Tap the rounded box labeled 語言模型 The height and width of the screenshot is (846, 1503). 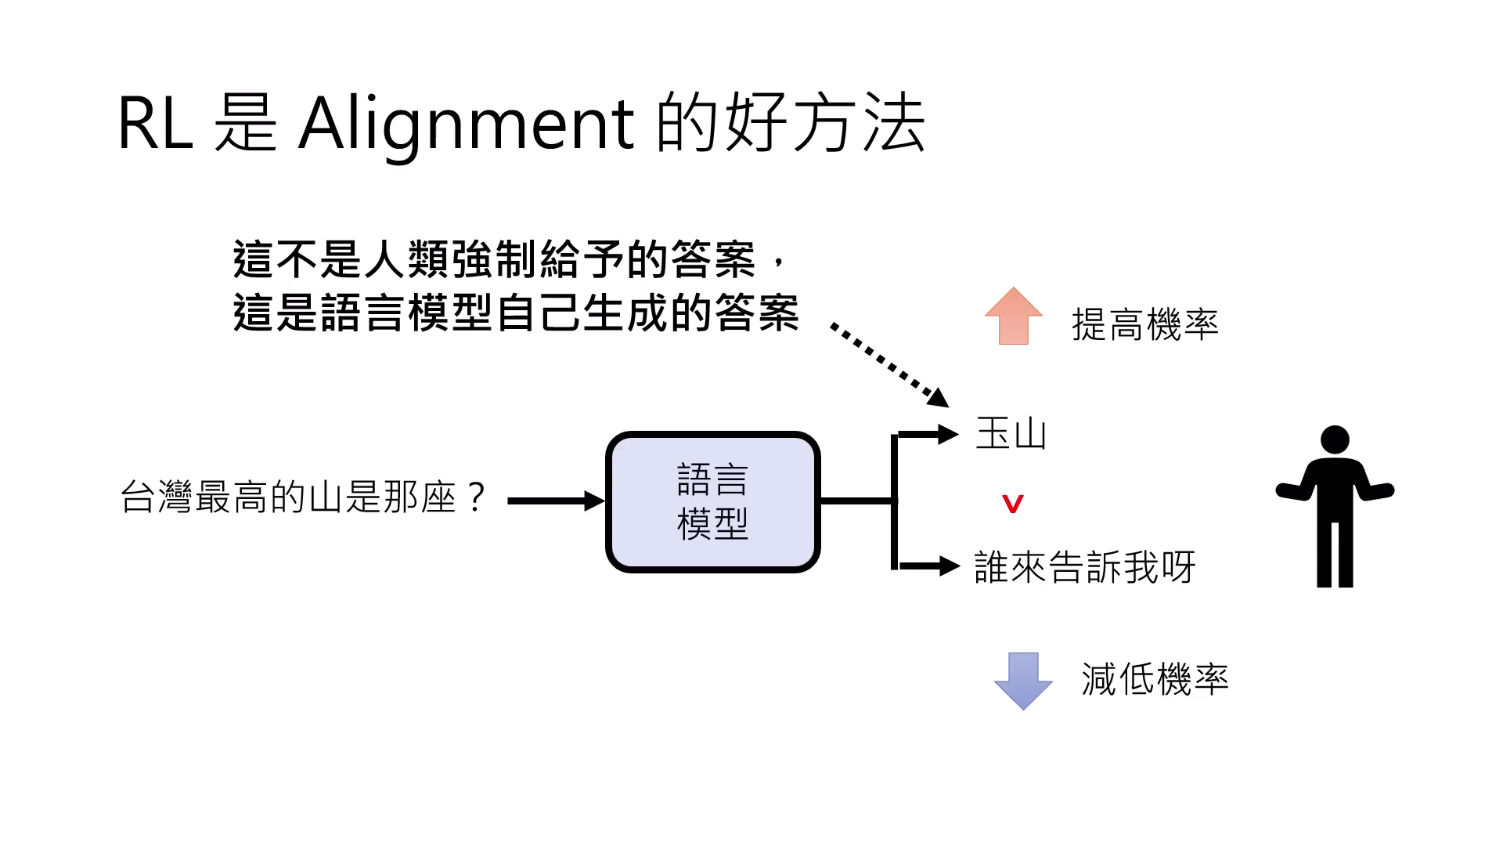coord(712,501)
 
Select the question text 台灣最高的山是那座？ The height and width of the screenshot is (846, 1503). coord(305,497)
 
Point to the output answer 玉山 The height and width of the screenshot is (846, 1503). coord(1011,433)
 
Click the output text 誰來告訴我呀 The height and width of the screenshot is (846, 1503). coord(1084,566)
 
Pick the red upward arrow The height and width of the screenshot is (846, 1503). coord(1014,316)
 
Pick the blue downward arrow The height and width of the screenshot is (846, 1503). coord(1023,680)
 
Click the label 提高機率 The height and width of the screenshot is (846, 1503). coord(1144,324)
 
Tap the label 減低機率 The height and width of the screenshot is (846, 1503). coord(1155,678)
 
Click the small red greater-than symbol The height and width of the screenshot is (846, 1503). coord(1013,504)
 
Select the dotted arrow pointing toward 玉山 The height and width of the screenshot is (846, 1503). coord(888,363)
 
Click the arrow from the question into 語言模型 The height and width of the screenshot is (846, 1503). coord(556,501)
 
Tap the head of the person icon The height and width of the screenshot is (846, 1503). coord(1335,440)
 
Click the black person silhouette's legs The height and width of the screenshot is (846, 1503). coord(1335,552)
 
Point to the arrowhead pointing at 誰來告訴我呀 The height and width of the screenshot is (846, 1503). coord(950,565)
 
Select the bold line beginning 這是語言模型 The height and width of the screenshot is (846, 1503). coord(515,313)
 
